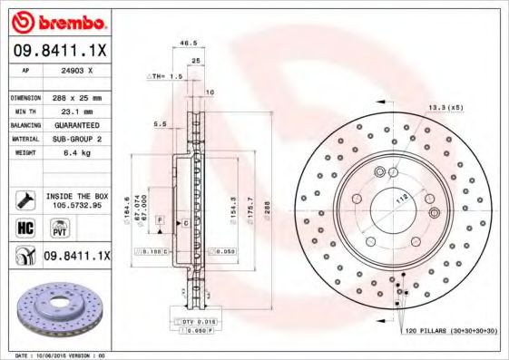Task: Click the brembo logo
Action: (58, 21)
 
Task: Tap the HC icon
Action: (24, 228)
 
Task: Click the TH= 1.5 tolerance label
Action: (166, 77)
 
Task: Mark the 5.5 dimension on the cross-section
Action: (160, 123)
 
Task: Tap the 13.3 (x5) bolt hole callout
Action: (446, 108)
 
